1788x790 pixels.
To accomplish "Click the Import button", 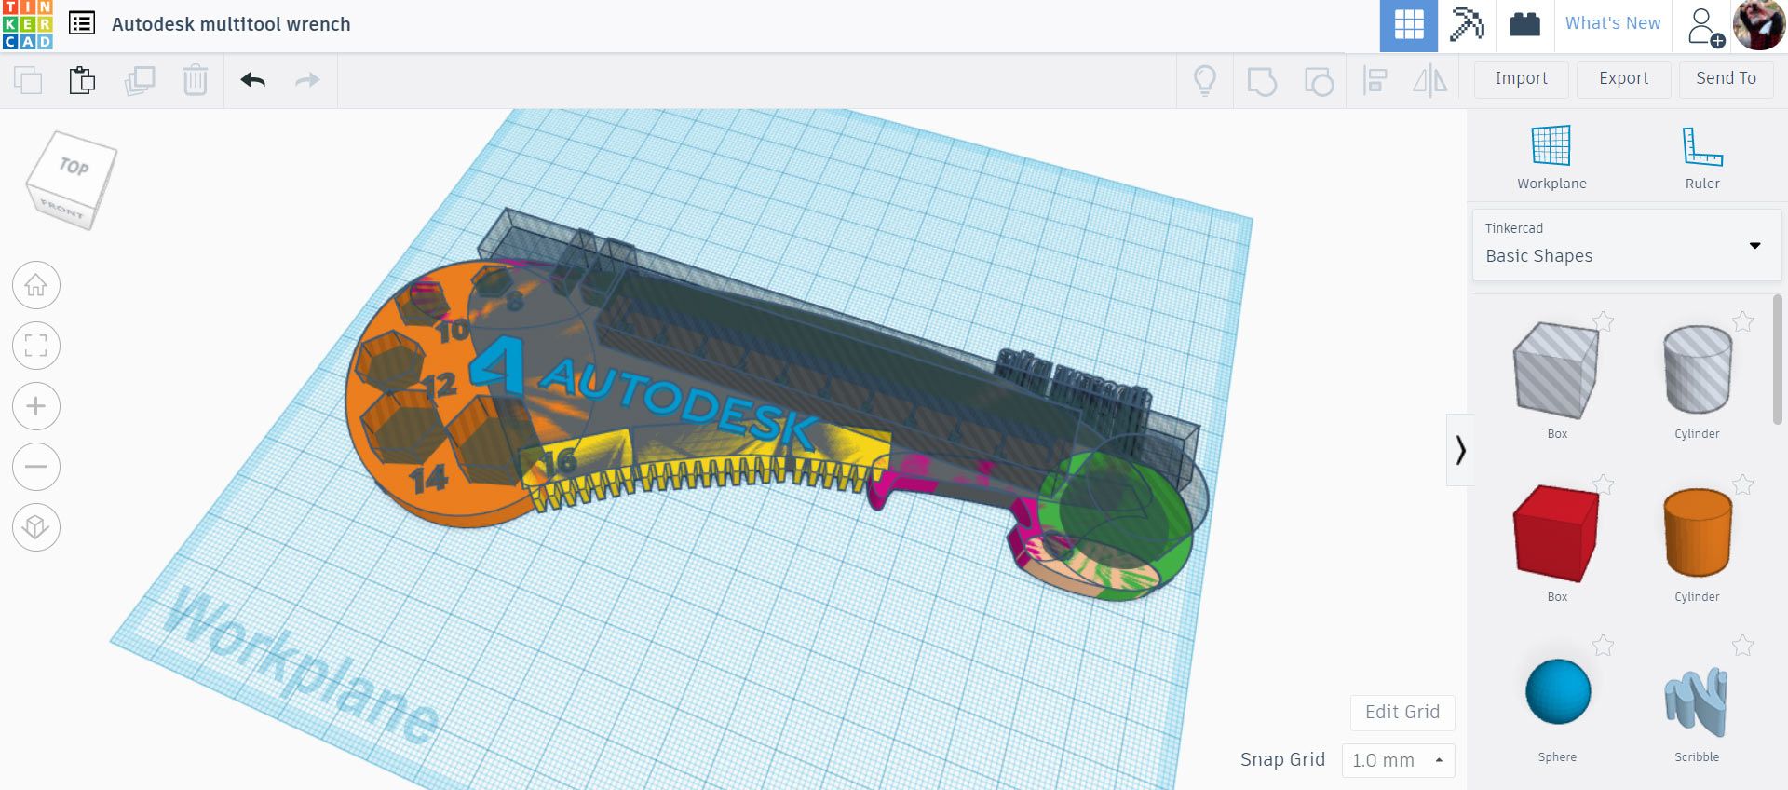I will tap(1521, 79).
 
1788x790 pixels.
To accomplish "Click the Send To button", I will tap(1726, 79).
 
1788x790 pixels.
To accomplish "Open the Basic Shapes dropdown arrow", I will tap(1754, 246).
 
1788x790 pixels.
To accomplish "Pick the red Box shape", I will tap(1556, 533).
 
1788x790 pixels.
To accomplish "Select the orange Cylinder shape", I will tap(1697, 533).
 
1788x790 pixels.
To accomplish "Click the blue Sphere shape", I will tap(1557, 691).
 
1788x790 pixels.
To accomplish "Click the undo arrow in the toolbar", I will tap(252, 80).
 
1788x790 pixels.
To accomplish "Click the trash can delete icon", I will tap(195, 80).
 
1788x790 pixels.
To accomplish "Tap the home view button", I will tap(36, 285).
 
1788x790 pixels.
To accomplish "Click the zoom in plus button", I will tap(36, 406).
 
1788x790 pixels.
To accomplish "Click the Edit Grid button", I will tap(1402, 713).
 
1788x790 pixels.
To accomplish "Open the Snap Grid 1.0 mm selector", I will tap(1397, 760).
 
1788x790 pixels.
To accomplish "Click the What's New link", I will tap(1612, 24).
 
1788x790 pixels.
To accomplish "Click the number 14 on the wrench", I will tap(428, 479).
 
